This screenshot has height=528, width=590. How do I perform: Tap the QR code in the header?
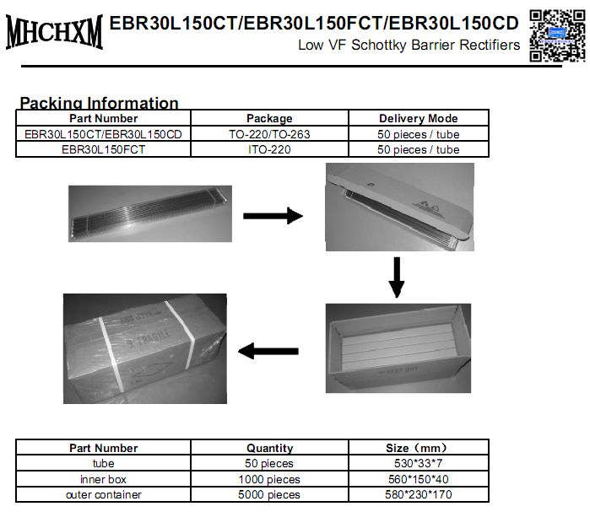(x=557, y=35)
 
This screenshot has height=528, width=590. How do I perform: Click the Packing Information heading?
(x=99, y=103)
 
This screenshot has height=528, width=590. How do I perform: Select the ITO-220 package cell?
(x=269, y=149)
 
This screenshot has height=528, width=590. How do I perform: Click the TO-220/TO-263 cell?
(x=269, y=134)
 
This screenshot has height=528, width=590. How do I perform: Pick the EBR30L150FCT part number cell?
(x=104, y=149)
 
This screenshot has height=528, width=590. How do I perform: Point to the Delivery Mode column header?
(x=418, y=118)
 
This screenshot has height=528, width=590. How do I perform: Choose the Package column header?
(x=269, y=118)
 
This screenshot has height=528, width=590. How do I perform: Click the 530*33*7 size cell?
(x=418, y=463)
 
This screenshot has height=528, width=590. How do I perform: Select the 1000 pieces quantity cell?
(x=269, y=479)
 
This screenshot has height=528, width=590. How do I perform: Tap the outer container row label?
(x=104, y=494)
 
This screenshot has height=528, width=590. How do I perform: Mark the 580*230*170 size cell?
(x=418, y=494)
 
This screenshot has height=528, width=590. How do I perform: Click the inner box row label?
(x=104, y=479)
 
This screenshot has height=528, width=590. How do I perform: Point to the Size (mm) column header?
(x=418, y=448)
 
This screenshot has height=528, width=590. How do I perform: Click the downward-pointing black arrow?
(x=395, y=276)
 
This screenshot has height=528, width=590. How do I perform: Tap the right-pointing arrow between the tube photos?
(x=272, y=216)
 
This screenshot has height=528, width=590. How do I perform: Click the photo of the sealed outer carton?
(x=145, y=348)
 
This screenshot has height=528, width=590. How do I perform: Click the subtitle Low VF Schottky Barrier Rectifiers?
(x=409, y=45)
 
